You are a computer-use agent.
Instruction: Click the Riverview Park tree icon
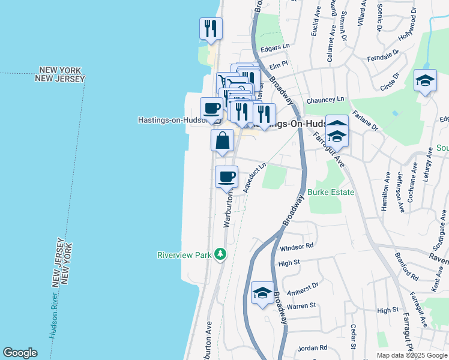pos(221,254)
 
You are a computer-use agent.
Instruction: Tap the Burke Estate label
pos(331,193)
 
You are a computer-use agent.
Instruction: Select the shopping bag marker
pos(222,141)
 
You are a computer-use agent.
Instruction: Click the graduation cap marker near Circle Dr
pos(425,81)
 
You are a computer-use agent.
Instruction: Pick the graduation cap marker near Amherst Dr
pos(262,293)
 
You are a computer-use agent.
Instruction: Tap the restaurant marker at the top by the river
pos(211,28)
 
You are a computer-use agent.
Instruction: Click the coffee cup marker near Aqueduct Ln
pos(226,177)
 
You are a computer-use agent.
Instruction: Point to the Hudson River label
pos(54,317)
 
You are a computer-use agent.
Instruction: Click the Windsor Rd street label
pos(297,247)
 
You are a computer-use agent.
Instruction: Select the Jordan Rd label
pos(312,347)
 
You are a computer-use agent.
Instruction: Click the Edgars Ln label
pos(277,46)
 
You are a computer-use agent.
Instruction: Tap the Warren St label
pos(301,306)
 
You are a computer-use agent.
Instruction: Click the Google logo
pos(20,353)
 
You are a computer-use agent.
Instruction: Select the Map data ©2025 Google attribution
pos(412,355)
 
